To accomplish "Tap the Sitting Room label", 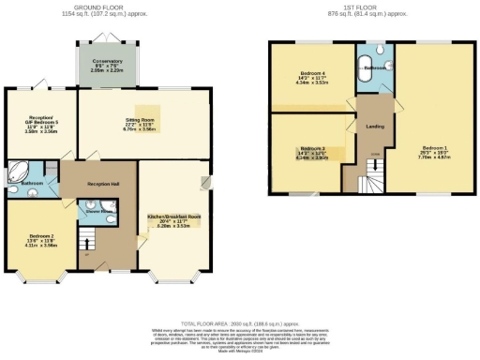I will click(139, 121).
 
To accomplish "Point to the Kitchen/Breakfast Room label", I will click(174, 216).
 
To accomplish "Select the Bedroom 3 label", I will click(311, 149).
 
